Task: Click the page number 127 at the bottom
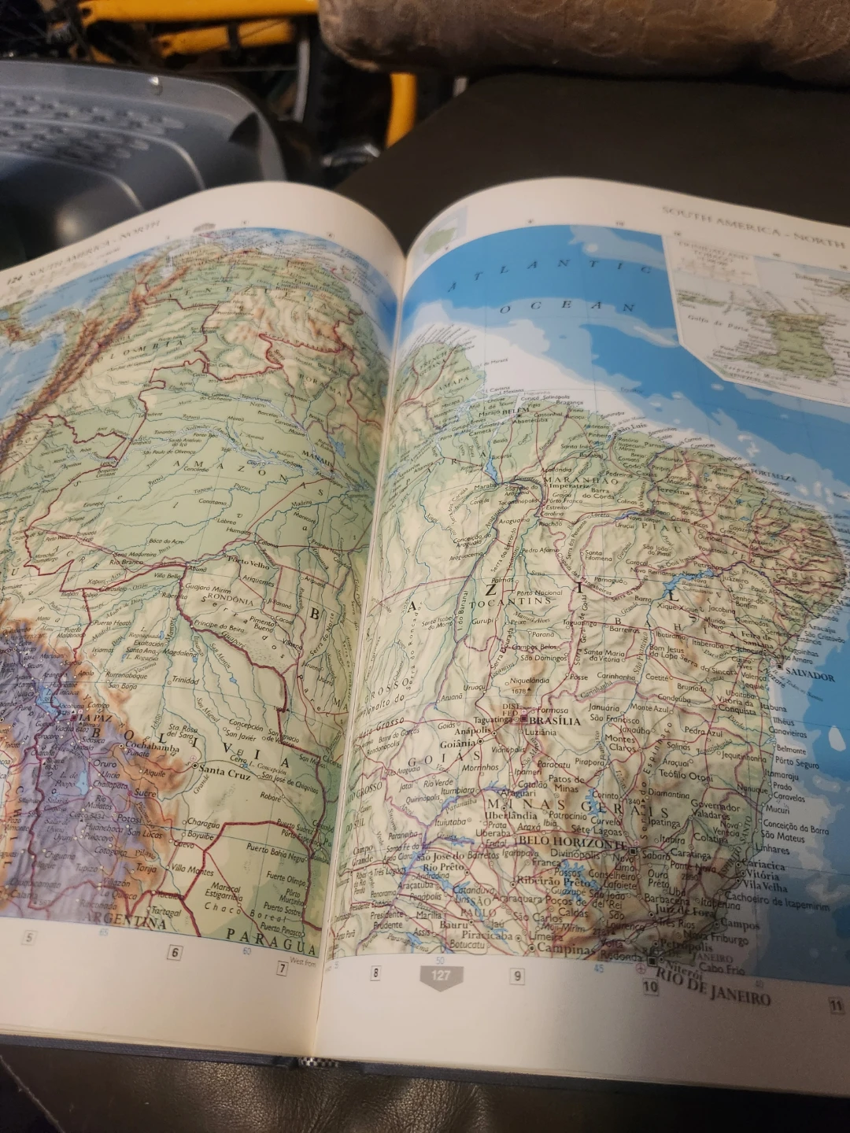click(x=441, y=976)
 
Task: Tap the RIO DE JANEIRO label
click(x=713, y=989)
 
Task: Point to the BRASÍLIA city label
click(x=556, y=720)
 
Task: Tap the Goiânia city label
click(x=458, y=744)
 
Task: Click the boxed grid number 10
click(x=650, y=986)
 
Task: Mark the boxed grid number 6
click(x=175, y=952)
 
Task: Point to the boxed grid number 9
click(x=517, y=976)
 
